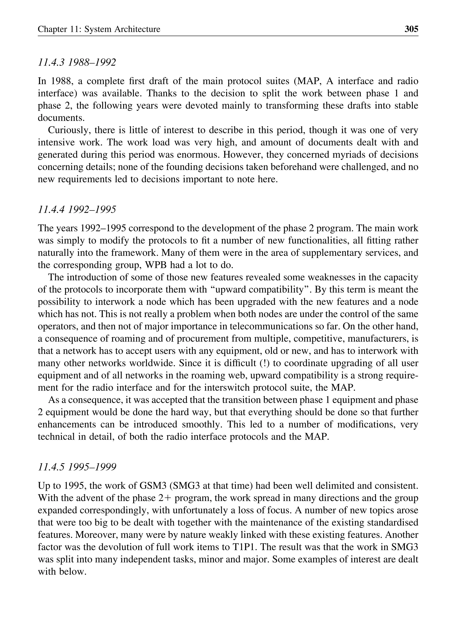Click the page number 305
click(411, 29)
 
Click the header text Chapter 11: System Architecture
click(99, 29)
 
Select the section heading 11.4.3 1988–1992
click(77, 62)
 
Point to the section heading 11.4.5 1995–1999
click(77, 467)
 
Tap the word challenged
click(364, 167)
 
